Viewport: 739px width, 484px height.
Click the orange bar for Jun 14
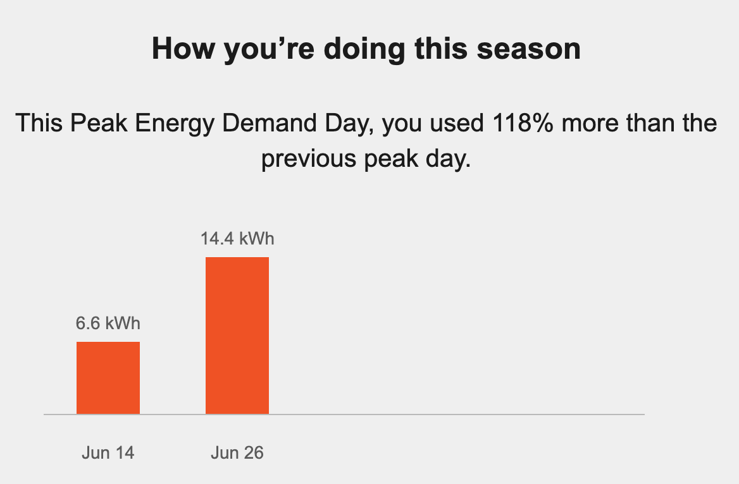(108, 378)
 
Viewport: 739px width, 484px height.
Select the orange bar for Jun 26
(237, 336)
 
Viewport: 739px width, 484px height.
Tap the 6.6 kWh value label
(108, 324)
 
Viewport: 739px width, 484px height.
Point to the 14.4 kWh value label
(237, 239)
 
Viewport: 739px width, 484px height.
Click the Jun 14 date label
(108, 453)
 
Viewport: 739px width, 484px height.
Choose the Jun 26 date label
(237, 453)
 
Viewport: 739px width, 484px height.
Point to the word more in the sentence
(588, 122)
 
